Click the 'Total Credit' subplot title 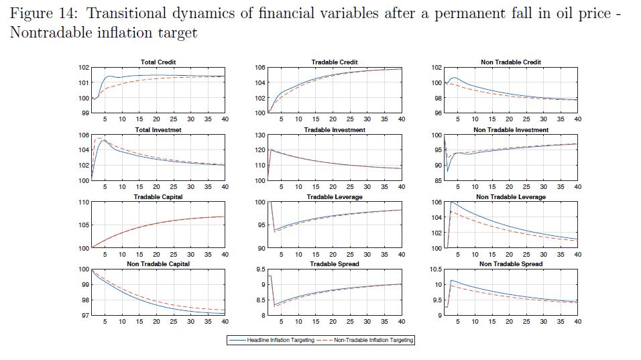coord(158,62)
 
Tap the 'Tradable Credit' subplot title coord(335,62)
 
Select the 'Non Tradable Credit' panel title coord(511,62)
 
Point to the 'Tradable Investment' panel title coord(335,130)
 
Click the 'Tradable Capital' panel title coord(158,197)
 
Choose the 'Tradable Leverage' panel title coord(335,197)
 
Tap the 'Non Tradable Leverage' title coord(511,197)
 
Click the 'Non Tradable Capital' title coord(158,264)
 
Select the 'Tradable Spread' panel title coord(335,264)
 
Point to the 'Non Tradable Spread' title coord(511,264)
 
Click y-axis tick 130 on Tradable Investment coord(260,135)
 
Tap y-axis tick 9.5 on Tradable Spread coord(260,269)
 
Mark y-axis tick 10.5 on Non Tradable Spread coord(435,269)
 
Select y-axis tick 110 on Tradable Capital coord(84,202)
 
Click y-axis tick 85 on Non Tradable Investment coord(437,181)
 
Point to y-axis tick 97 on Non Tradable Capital coord(85,315)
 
